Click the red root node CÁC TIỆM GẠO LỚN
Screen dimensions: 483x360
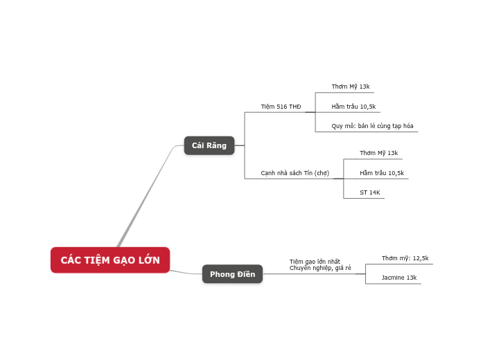[x=110, y=260]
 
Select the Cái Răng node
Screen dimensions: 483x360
[x=209, y=145]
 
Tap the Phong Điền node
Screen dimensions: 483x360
[x=232, y=274]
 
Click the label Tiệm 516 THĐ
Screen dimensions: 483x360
[x=281, y=107]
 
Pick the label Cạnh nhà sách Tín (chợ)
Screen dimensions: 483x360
[x=295, y=173]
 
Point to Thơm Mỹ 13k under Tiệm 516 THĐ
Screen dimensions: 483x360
[x=350, y=87]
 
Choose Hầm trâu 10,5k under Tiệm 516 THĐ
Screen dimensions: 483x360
[x=353, y=107]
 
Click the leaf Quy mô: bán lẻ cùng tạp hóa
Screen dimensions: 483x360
[x=372, y=126]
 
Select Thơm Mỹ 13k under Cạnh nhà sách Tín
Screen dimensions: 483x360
[x=378, y=153]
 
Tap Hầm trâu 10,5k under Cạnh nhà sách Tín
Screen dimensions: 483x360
[x=381, y=173]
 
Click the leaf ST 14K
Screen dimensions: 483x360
[x=369, y=192]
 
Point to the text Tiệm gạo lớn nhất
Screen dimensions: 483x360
[x=315, y=262]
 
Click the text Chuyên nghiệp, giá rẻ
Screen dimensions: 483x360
[x=320, y=268]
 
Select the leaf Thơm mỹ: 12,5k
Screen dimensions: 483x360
[x=405, y=258]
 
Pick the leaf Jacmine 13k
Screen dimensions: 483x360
[x=398, y=278]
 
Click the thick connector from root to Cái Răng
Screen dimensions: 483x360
[x=146, y=197]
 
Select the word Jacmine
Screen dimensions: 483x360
[x=393, y=278]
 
